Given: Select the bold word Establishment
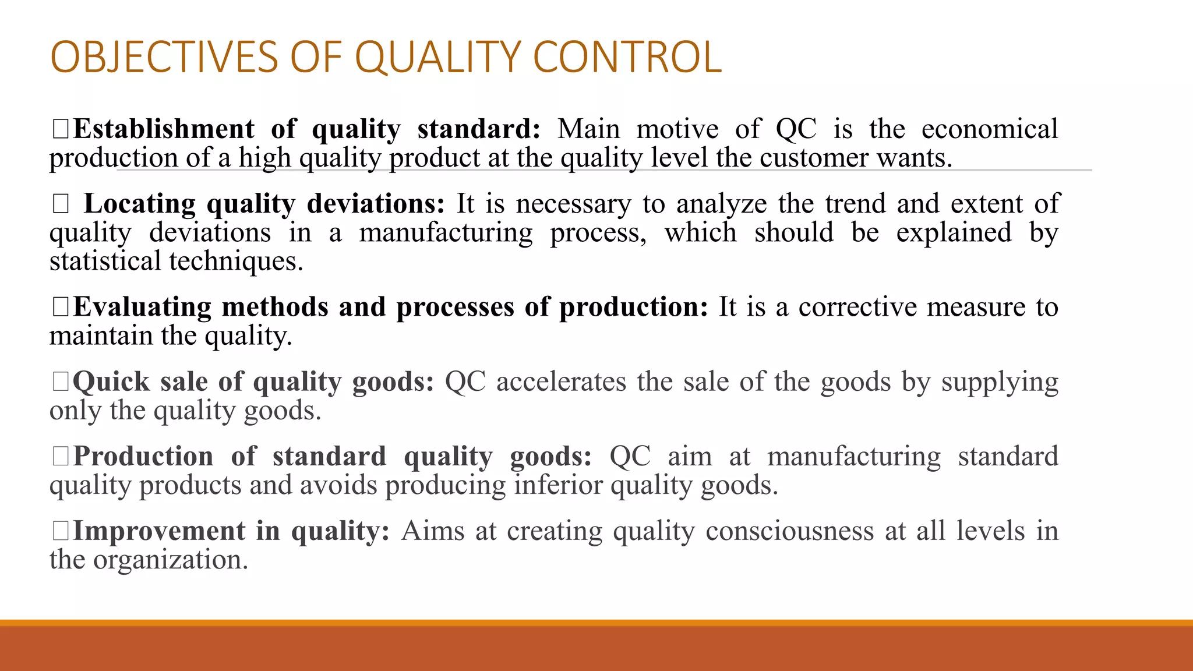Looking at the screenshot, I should pyautogui.click(x=164, y=129).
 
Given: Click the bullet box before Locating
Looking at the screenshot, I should pyautogui.click(x=61, y=204).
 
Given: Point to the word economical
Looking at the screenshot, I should pyautogui.click(x=989, y=129).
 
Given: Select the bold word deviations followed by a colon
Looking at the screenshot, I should pyautogui.click(x=375, y=204).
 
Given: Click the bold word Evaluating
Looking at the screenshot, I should pyautogui.click(x=142, y=307).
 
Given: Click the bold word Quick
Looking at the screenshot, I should pyautogui.click(x=111, y=382).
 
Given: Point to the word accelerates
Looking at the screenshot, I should pyautogui.click(x=561, y=382).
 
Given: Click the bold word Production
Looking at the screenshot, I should pyautogui.click(x=143, y=457).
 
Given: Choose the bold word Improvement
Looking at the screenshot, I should pyautogui.click(x=159, y=531).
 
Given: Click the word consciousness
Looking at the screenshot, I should pyautogui.click(x=789, y=531).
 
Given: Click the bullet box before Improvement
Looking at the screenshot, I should pyautogui.click(x=61, y=531).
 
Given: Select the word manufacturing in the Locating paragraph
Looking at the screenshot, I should pyautogui.click(x=446, y=233).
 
